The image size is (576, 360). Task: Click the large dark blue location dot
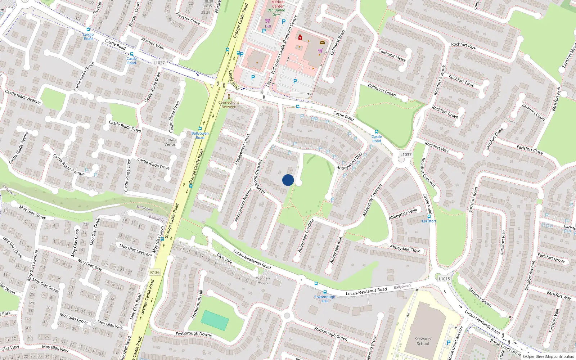pyautogui.click(x=288, y=180)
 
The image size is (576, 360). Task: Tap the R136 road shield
pyautogui.click(x=155, y=272)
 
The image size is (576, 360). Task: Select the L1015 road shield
pyautogui.click(x=444, y=279)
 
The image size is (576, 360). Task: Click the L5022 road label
pyautogui.click(x=270, y=81)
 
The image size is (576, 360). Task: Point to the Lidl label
pyautogui.click(x=268, y=26)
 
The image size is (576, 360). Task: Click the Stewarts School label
pyautogui.click(x=423, y=341)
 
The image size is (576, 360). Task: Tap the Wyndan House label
pyautogui.click(x=263, y=280)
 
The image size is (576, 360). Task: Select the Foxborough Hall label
pyautogui.click(x=325, y=299)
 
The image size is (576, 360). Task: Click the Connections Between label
pyautogui.click(x=229, y=104)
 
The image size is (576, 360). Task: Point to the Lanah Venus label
pyautogui.click(x=170, y=142)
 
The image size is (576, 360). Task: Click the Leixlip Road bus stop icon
pyautogui.click(x=88, y=30)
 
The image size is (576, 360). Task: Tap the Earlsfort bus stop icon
pyautogui.click(x=429, y=217)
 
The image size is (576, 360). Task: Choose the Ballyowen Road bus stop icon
pyautogui.click(x=200, y=129)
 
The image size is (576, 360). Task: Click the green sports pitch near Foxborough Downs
pyautogui.click(x=215, y=320)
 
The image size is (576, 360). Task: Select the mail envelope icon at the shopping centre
pyautogui.click(x=322, y=42)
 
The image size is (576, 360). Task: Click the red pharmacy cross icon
pyautogui.click(x=300, y=37)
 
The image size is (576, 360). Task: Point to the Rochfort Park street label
pyautogui.click(x=463, y=45)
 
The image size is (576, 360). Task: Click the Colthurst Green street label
pyautogui.click(x=382, y=90)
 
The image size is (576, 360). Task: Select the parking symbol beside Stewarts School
pyautogui.click(x=448, y=343)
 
